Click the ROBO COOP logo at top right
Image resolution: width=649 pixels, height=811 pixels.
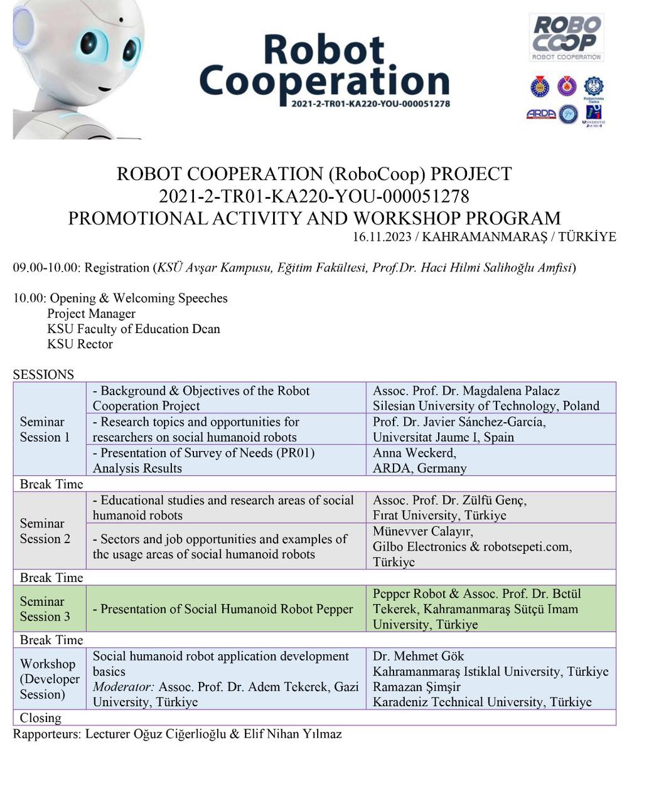[x=567, y=37]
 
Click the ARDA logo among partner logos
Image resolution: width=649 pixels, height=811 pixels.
[x=540, y=114]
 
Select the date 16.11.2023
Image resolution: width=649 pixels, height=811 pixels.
[x=382, y=236]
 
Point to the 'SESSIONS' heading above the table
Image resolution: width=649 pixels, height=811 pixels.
[x=43, y=374]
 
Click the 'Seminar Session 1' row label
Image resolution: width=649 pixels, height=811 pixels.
[x=45, y=429]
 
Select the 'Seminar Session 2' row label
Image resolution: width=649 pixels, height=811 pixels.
[x=45, y=531]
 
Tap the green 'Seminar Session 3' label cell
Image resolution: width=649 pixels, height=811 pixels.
[x=45, y=608]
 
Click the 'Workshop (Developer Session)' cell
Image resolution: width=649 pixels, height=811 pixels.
[x=50, y=679]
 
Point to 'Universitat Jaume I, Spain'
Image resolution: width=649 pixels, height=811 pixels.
[x=443, y=437]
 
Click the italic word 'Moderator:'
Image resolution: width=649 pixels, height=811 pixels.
[x=123, y=687]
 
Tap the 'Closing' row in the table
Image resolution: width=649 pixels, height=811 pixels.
[x=41, y=718]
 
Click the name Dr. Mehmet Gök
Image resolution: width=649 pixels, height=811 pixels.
[x=418, y=656]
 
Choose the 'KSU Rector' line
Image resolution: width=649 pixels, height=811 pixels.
[x=80, y=344]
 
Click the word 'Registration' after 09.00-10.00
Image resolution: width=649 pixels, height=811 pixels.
[x=117, y=268]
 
